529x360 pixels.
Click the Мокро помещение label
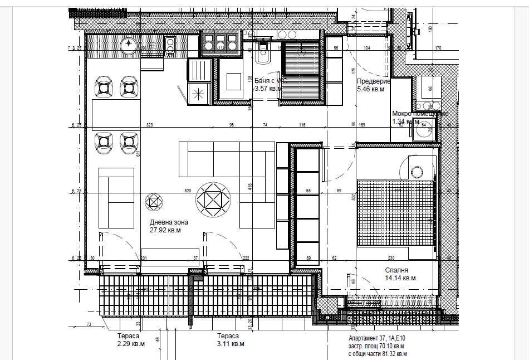pos(419,113)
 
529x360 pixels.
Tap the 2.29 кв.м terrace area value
pos(130,344)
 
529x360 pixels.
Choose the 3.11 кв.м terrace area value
pos(230,344)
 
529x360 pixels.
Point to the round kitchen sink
pos(129,43)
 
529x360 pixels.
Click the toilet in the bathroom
pos(263,55)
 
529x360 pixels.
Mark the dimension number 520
pos(188,191)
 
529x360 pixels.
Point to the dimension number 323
pos(149,125)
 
